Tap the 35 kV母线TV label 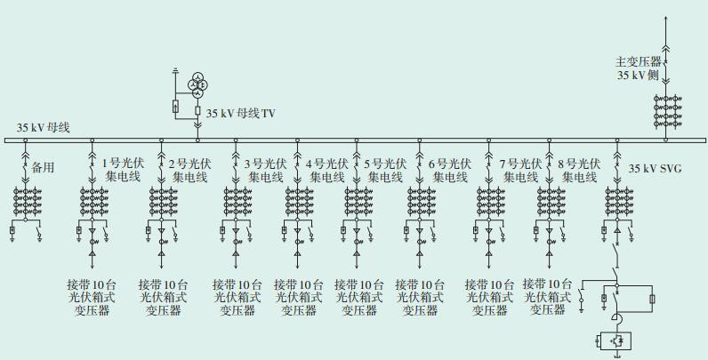coord(241,114)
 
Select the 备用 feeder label coord(44,166)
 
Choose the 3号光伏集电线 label coord(265,170)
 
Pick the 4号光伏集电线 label coord(326,170)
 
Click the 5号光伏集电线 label coord(386,170)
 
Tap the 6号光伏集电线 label coord(450,170)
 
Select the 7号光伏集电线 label coord(519,170)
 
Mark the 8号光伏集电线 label coord(579,170)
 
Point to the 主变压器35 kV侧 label coord(640,69)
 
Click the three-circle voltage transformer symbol coord(197,84)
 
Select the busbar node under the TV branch coord(197,140)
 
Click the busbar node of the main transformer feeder coord(665,140)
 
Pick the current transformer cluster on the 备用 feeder coord(25,202)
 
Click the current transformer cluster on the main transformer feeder coord(665,108)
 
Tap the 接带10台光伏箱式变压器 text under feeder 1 coord(93,297)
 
